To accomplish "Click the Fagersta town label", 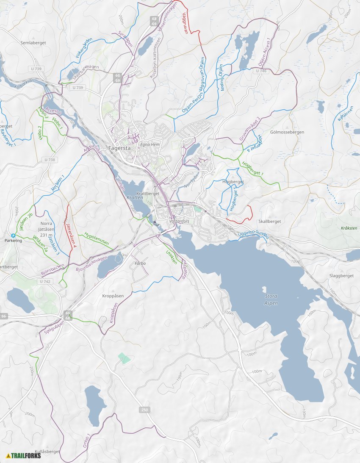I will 119,149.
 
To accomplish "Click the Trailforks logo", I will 24,456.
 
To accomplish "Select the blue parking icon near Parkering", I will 13,236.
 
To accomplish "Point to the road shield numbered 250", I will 144,410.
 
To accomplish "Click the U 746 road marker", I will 261,71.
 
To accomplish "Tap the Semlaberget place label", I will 33,43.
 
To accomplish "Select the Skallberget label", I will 269,222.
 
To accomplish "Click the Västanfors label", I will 178,221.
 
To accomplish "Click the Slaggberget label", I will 341,276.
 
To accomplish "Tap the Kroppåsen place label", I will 113,296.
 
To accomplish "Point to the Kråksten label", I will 349,228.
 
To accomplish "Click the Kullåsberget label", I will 47,452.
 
